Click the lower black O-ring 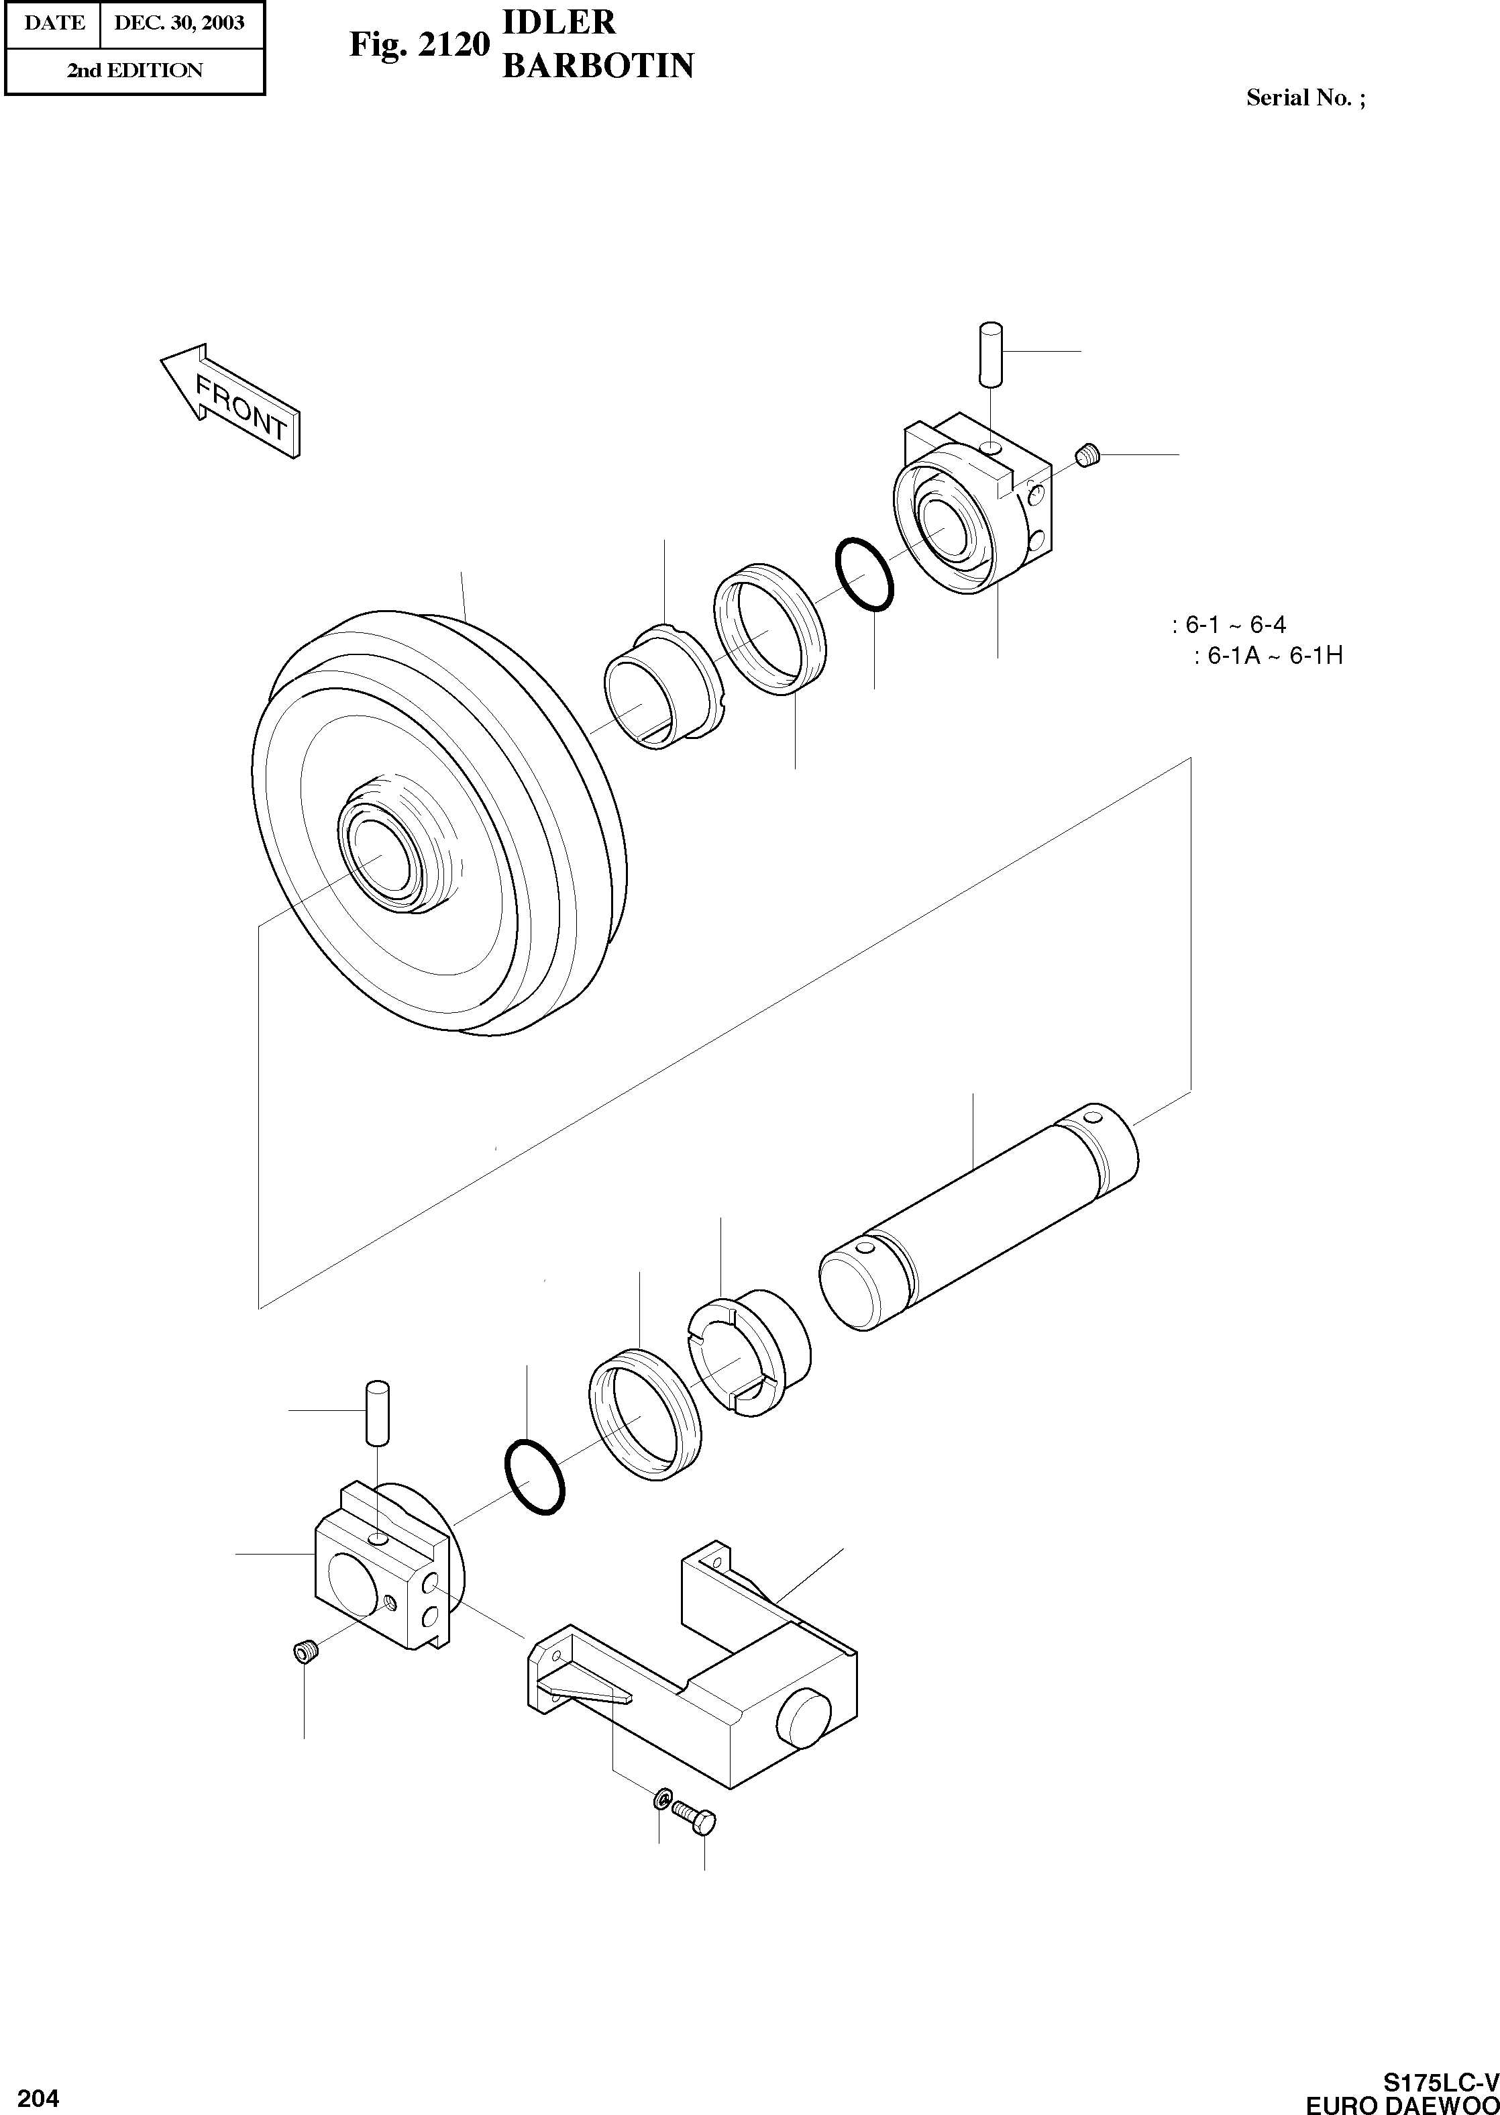pyautogui.click(x=535, y=1475)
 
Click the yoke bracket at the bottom pyautogui.click(x=702, y=1673)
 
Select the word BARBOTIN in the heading pyautogui.click(x=598, y=66)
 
